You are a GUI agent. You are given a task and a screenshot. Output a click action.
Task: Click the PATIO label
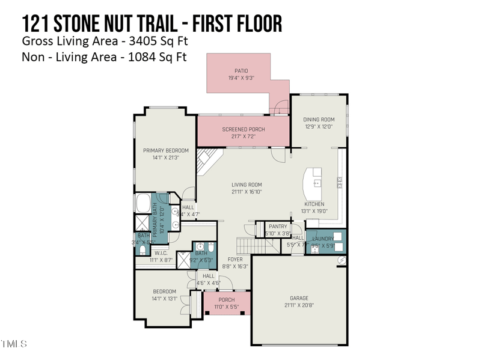click(241, 71)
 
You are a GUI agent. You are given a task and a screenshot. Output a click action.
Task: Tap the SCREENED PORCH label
click(244, 129)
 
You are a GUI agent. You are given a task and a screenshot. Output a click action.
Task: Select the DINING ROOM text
click(319, 120)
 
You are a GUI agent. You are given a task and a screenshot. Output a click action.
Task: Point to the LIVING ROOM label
click(247, 185)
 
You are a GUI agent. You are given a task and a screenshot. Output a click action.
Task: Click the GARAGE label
click(299, 298)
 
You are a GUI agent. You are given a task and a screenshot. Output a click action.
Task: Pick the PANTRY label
click(278, 227)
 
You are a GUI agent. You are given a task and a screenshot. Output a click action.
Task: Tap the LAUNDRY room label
click(323, 239)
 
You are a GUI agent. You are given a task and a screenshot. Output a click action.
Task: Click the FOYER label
click(235, 260)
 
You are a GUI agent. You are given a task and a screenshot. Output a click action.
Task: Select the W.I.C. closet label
click(160, 253)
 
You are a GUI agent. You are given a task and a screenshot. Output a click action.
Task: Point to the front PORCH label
click(227, 300)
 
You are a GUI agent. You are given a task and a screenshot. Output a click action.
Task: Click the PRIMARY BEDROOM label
click(166, 150)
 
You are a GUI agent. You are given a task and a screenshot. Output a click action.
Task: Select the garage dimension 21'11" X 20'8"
click(299, 305)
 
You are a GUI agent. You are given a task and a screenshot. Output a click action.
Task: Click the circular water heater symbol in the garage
click(342, 260)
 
